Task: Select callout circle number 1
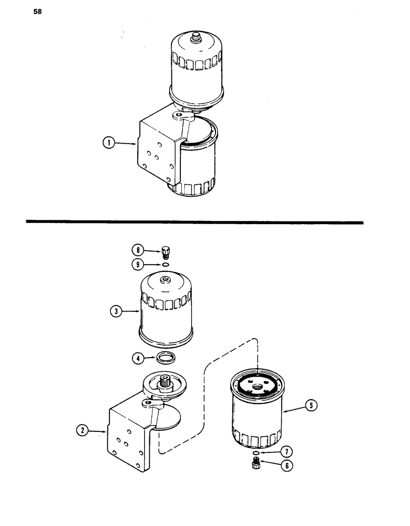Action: click(x=109, y=143)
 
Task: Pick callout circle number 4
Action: click(x=138, y=359)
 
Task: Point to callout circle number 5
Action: click(x=313, y=406)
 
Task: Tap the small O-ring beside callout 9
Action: click(x=166, y=265)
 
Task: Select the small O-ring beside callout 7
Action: click(x=255, y=452)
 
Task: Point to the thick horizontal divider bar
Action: click(x=194, y=222)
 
